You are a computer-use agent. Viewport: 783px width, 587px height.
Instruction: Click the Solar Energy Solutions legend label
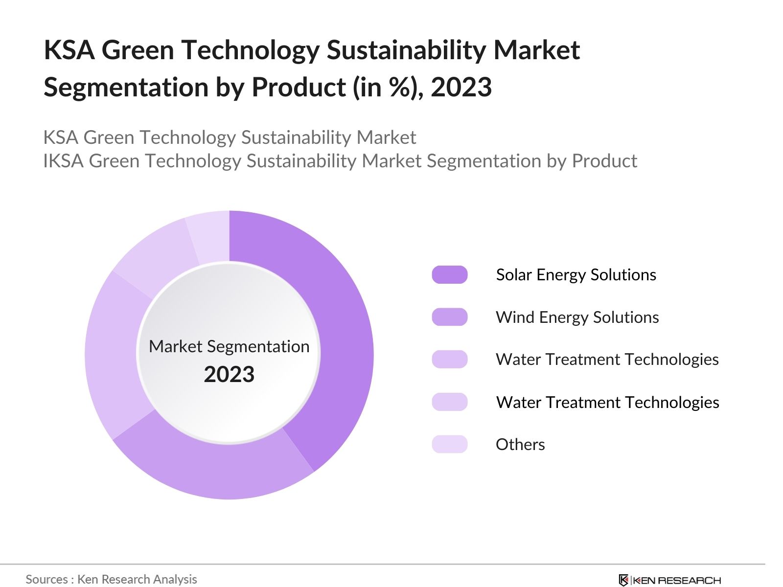[x=576, y=275]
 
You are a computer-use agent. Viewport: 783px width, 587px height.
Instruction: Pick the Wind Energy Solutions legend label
[x=577, y=317]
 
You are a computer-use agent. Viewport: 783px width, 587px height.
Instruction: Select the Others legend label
[x=520, y=445]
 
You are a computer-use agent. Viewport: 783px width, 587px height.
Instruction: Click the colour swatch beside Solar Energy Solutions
[x=449, y=275]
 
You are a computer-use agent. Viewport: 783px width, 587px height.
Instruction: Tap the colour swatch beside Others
[x=449, y=444]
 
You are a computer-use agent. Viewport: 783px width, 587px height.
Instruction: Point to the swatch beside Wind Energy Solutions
[x=449, y=317]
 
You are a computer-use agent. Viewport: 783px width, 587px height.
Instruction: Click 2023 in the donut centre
[x=229, y=375]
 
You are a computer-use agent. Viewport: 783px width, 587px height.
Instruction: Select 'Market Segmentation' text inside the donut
[x=229, y=346]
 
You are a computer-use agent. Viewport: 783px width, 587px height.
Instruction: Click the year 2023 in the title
[x=461, y=88]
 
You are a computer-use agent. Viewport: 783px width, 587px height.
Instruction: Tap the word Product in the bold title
[x=299, y=88]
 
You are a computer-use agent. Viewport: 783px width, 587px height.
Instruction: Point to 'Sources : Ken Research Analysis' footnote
[x=111, y=579]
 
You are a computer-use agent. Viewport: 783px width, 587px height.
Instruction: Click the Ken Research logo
[x=669, y=580]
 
